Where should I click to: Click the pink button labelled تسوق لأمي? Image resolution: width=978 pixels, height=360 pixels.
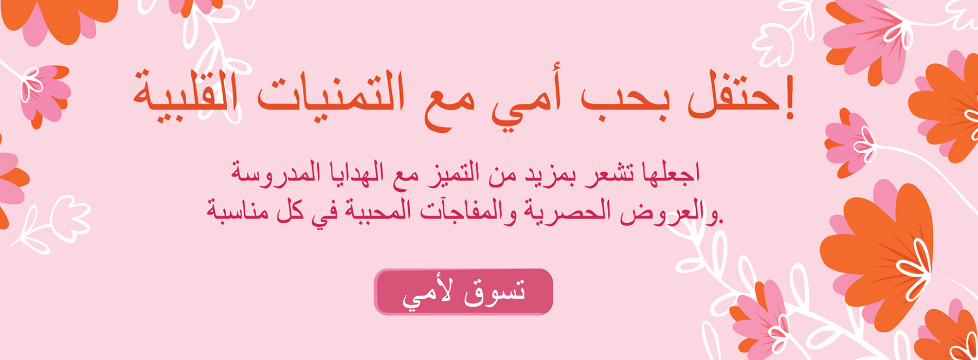[x=463, y=292]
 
